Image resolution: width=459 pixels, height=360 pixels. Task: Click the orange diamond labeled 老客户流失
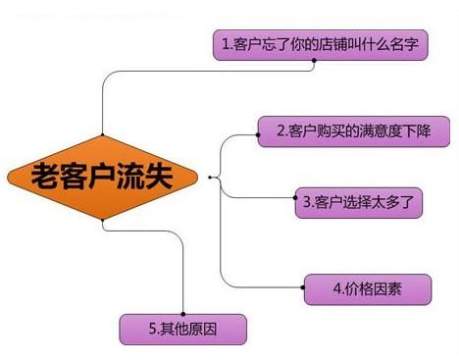[104, 178]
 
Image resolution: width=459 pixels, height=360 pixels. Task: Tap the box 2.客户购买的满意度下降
[353, 130]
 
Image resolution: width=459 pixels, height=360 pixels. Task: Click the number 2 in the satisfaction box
[280, 130]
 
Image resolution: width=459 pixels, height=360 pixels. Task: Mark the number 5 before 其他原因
[153, 328]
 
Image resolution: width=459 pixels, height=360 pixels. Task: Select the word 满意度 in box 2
[376, 130]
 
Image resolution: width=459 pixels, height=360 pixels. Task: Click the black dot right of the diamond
[210, 178]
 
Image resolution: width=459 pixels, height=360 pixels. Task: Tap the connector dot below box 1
[313, 65]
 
